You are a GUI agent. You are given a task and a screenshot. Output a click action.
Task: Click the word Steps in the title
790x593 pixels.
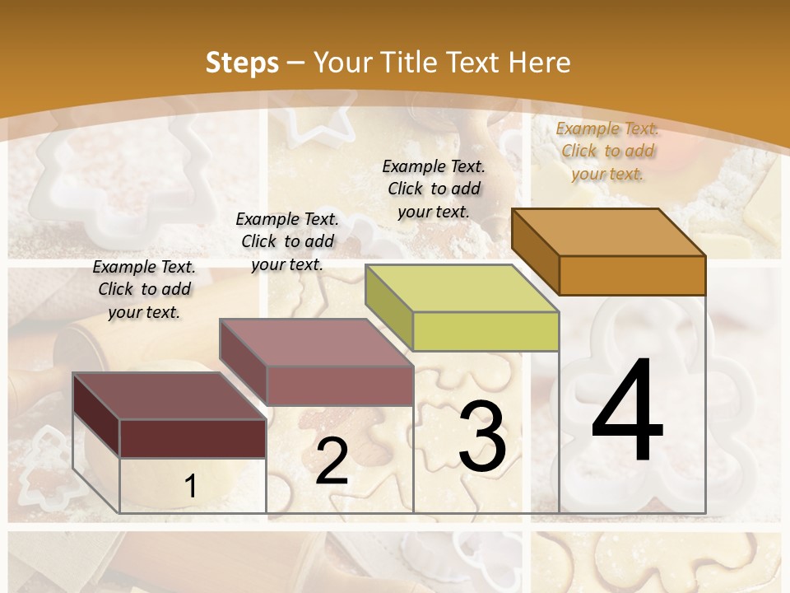242,63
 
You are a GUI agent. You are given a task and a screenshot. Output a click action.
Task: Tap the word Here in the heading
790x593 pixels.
540,63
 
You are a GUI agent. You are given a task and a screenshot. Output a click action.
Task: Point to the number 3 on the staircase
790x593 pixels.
482,437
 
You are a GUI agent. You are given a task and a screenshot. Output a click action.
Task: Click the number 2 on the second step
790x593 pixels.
332,461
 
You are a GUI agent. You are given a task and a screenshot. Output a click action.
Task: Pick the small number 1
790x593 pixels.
191,486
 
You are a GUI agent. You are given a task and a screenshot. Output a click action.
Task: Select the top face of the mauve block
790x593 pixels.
316,342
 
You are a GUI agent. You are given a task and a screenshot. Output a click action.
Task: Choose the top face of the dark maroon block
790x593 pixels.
170,395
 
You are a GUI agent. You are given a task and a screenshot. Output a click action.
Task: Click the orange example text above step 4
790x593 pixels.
608,151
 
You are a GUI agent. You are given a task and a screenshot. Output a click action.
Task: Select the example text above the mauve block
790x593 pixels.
287,241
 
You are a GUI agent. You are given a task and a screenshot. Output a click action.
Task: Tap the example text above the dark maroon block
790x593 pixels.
144,289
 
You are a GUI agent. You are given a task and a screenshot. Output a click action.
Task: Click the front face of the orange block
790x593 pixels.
632,275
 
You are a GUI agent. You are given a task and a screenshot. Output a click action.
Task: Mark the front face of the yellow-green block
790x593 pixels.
486,331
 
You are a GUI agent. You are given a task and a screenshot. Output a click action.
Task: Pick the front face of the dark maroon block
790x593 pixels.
193,438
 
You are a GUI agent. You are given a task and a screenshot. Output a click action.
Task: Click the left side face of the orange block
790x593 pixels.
535,250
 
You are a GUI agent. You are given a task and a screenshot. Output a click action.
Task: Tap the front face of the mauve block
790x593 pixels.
339,385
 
